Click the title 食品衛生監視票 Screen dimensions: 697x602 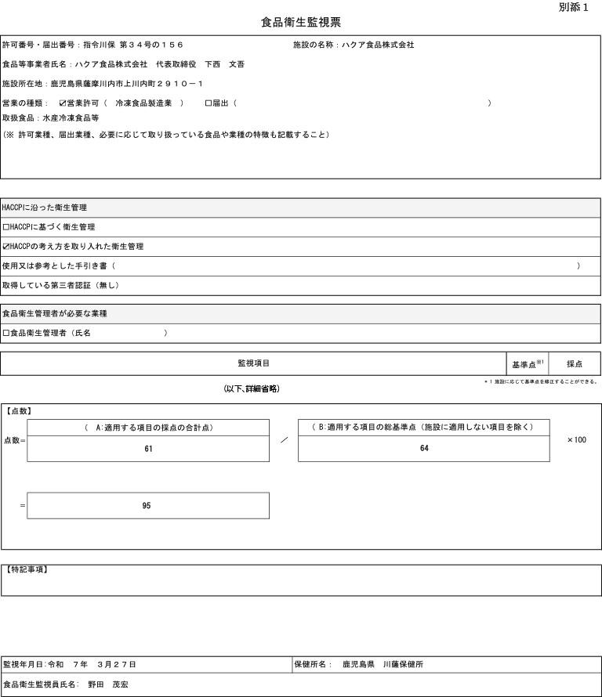pos(301,23)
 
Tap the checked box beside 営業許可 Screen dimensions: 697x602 pos(63,103)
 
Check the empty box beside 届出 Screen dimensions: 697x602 pos(208,103)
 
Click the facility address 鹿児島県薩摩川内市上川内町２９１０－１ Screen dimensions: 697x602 pos(126,83)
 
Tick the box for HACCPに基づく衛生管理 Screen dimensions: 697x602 pos(6,227)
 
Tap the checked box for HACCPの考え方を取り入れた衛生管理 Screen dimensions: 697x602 pos(6,247)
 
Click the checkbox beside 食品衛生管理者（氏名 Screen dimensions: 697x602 pos(6,333)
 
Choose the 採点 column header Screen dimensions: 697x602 pos(575,364)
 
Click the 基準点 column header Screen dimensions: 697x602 pos(526,365)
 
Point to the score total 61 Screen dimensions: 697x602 pos(148,449)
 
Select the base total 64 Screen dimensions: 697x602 pos(424,449)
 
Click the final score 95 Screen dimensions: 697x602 pos(147,506)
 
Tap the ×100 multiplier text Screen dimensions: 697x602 pos(577,440)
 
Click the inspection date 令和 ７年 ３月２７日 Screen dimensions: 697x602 pos(92,664)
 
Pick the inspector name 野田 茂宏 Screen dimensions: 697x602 pos(107,684)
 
